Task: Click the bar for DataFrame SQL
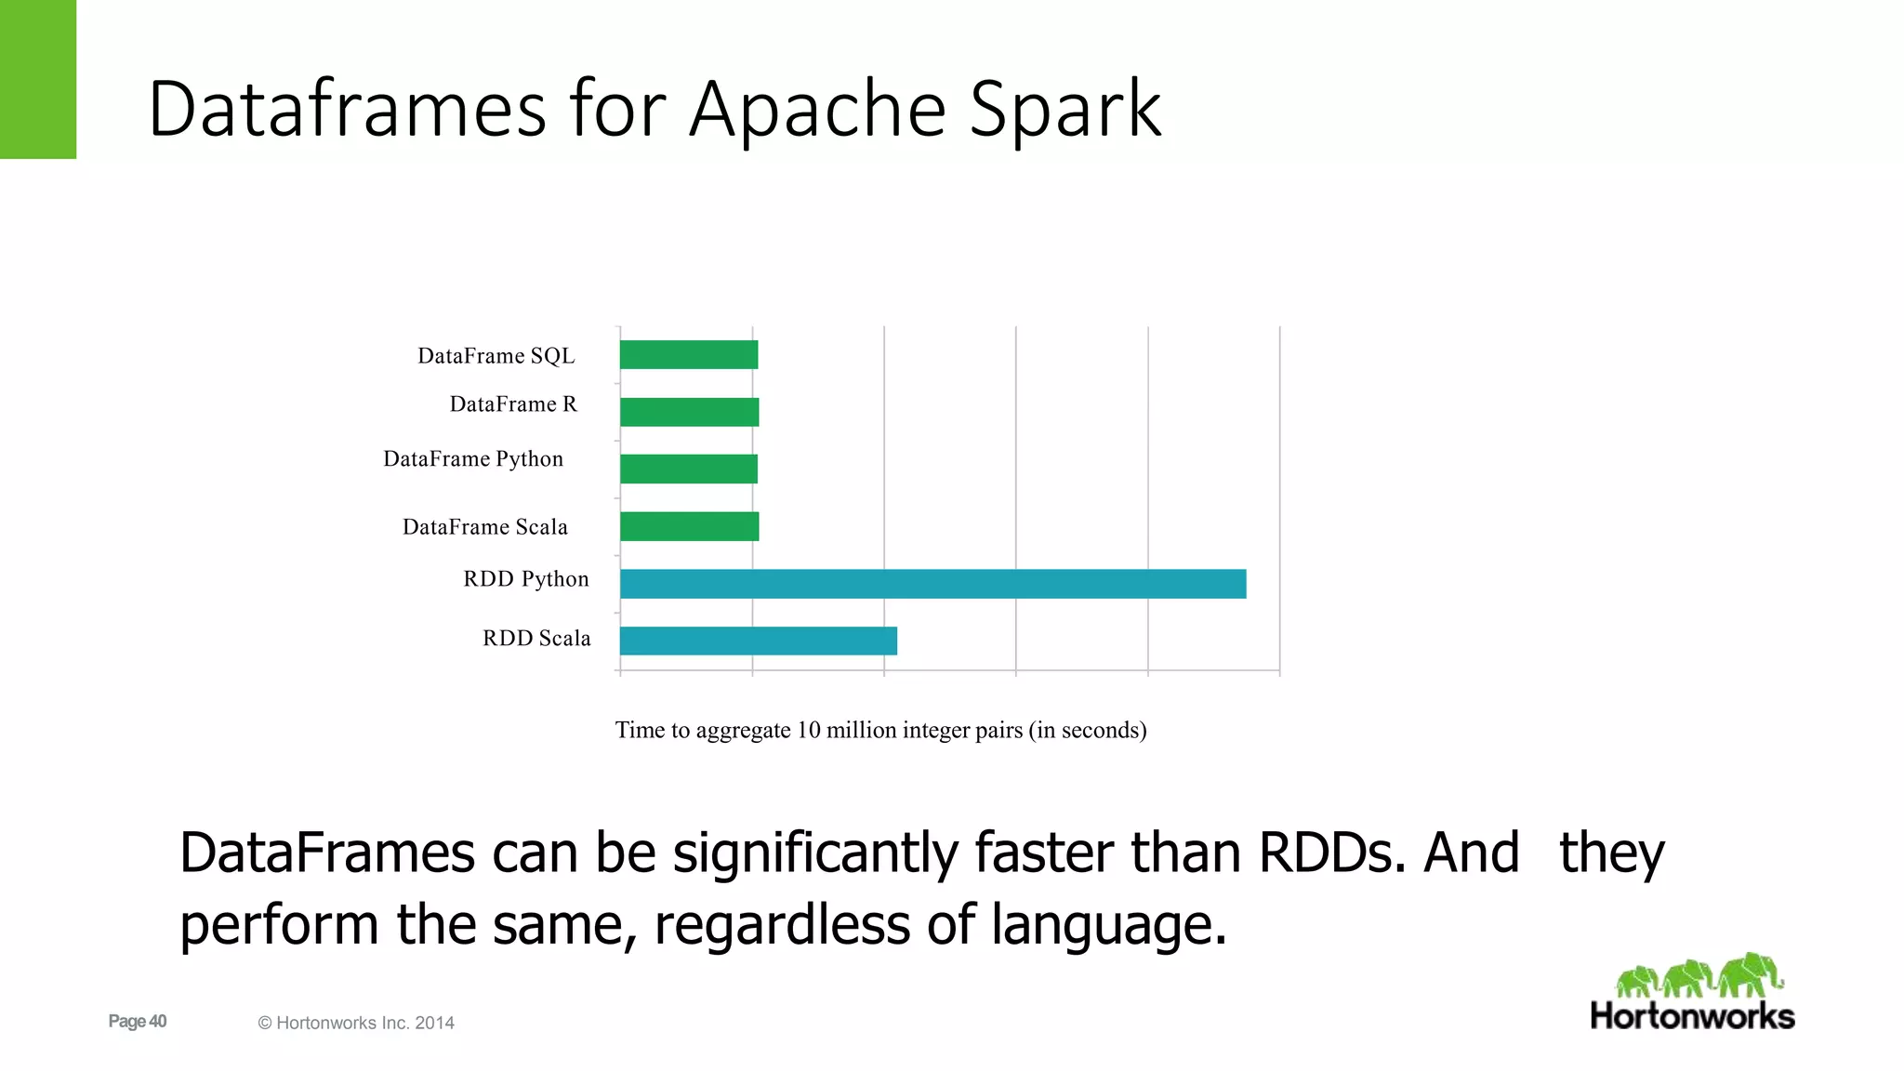tap(689, 355)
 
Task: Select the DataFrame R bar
tap(689, 412)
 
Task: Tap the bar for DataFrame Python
tap(689, 469)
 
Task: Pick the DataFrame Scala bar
tap(689, 526)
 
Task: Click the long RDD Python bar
tap(932, 584)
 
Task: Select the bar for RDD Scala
tap(758, 641)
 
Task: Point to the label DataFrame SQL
tap(496, 356)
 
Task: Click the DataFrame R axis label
tap(513, 404)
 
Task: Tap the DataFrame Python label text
tap(473, 459)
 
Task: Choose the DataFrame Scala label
tap(485, 527)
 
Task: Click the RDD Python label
tap(526, 579)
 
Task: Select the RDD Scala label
tap(536, 639)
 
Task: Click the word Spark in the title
tap(1065, 110)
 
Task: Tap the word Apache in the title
tap(817, 110)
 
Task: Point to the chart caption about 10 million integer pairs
tap(880, 731)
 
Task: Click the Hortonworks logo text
tap(1692, 1016)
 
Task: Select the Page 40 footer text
tap(138, 1022)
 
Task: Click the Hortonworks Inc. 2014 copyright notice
tap(356, 1024)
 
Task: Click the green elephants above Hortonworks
tap(1699, 976)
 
